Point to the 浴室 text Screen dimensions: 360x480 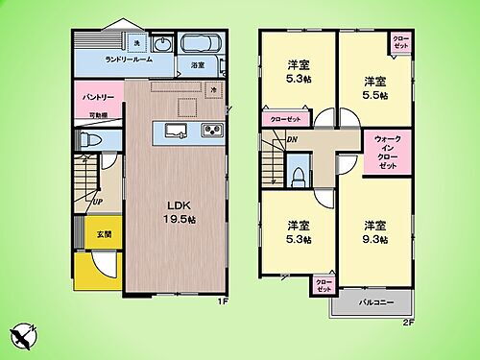[198, 66]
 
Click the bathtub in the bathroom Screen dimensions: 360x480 [200, 44]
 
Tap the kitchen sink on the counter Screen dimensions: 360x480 [174, 131]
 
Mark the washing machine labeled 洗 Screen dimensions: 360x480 [137, 44]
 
